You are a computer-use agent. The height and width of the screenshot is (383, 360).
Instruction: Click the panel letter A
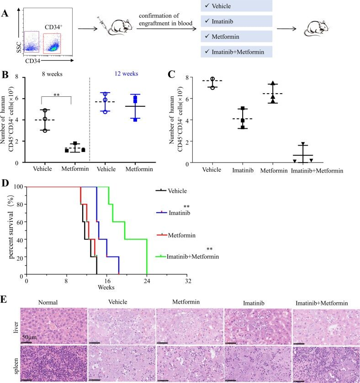click(5, 13)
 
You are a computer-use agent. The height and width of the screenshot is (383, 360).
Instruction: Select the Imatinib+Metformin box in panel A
click(236, 52)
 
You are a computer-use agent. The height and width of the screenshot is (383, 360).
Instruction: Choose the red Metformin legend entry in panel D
click(181, 235)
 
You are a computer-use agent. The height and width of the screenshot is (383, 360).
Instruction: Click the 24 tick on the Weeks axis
click(147, 282)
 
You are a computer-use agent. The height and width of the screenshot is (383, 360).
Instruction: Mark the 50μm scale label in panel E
click(32, 336)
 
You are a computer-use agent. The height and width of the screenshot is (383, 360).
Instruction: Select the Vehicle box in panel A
click(236, 6)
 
